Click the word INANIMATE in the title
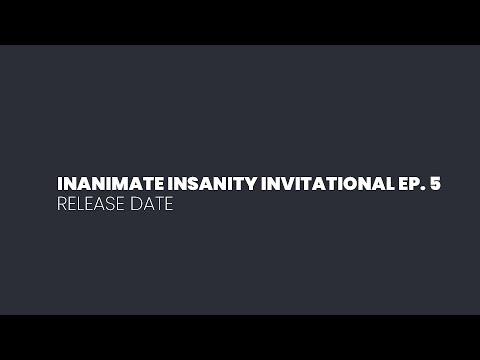102,185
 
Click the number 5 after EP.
435,185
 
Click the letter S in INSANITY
174,185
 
